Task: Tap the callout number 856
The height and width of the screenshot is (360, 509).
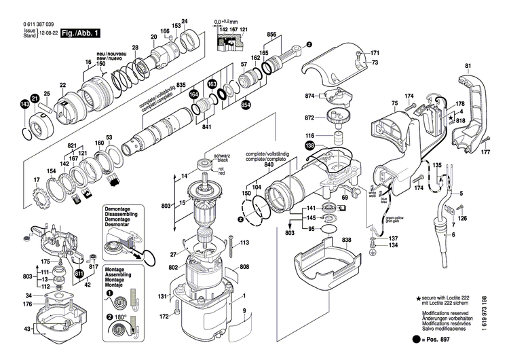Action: click(271, 33)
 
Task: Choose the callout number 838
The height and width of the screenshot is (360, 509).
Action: click(347, 241)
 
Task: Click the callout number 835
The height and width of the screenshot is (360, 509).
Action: click(181, 84)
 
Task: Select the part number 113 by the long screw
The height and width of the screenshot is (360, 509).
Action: click(244, 242)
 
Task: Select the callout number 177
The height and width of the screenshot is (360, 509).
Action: click(485, 154)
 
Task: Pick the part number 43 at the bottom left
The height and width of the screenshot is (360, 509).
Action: click(27, 329)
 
